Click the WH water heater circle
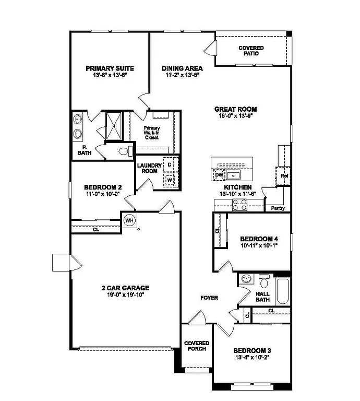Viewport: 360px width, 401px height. point(129,220)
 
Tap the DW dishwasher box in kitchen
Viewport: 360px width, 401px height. point(219,174)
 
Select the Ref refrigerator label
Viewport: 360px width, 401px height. point(284,176)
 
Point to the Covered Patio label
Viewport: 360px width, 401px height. point(251,51)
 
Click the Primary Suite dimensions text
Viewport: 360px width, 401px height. point(110,75)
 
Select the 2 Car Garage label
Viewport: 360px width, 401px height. point(125,288)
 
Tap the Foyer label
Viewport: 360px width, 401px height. point(209,298)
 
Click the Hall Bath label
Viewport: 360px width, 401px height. point(262,297)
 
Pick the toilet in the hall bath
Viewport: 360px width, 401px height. point(264,283)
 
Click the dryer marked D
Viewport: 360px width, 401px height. point(170,164)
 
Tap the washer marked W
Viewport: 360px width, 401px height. point(170,180)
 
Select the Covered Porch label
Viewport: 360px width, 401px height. point(196,346)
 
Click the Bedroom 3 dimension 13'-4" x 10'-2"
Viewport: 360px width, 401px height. point(251,358)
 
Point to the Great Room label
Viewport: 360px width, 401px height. point(236,109)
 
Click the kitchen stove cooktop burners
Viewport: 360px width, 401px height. point(239,205)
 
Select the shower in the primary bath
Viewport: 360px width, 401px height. point(114,125)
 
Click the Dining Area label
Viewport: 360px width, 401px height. point(182,68)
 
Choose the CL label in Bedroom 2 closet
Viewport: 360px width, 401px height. point(96,229)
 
